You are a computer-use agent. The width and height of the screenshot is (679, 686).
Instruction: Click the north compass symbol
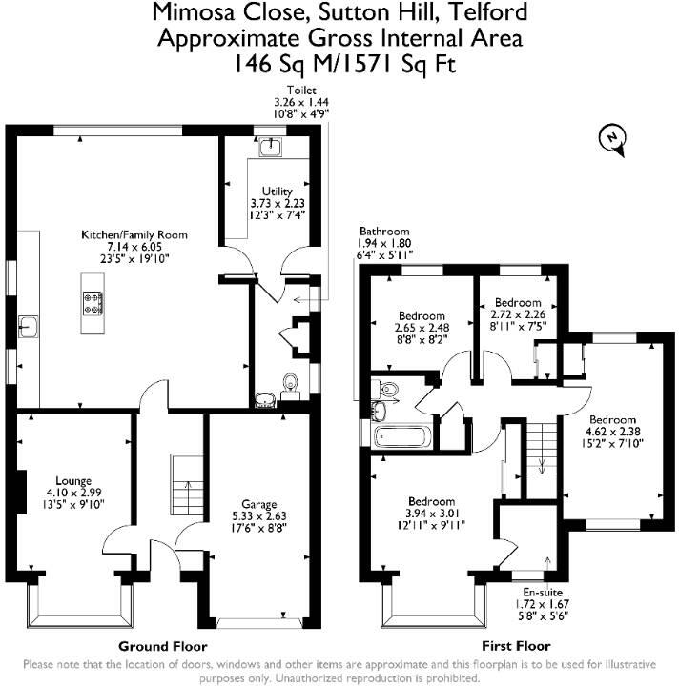(x=610, y=140)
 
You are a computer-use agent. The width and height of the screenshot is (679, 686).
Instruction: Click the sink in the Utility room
(x=273, y=146)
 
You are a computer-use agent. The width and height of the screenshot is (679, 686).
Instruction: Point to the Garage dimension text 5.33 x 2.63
(x=254, y=515)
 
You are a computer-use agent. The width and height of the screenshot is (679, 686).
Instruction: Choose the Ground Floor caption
(x=161, y=645)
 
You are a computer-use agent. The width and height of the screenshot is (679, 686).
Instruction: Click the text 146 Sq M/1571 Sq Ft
(x=339, y=65)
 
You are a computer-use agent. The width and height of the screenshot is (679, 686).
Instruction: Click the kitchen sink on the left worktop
(x=31, y=327)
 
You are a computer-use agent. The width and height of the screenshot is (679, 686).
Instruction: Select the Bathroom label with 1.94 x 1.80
(x=383, y=231)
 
